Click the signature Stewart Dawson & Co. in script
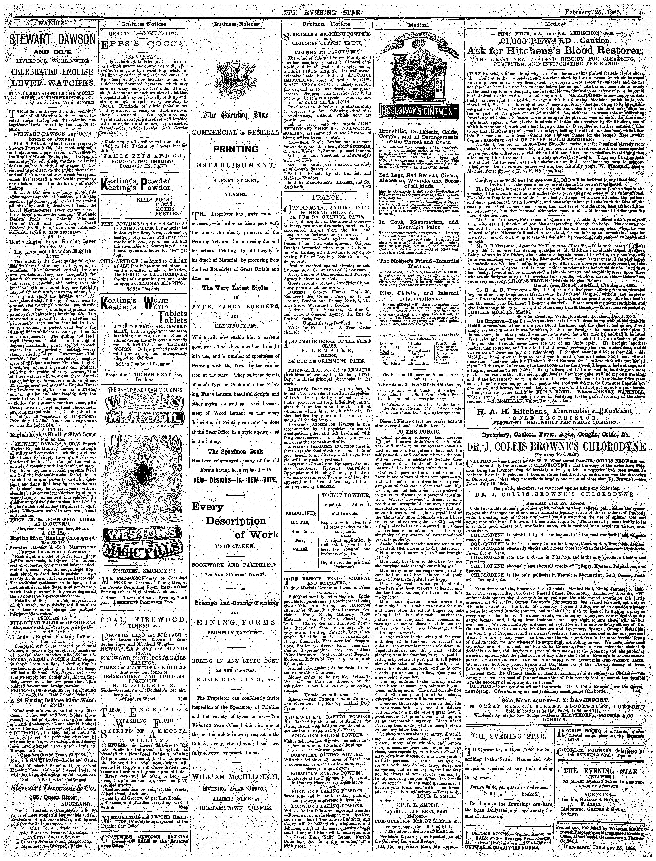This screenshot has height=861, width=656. (x=49, y=775)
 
